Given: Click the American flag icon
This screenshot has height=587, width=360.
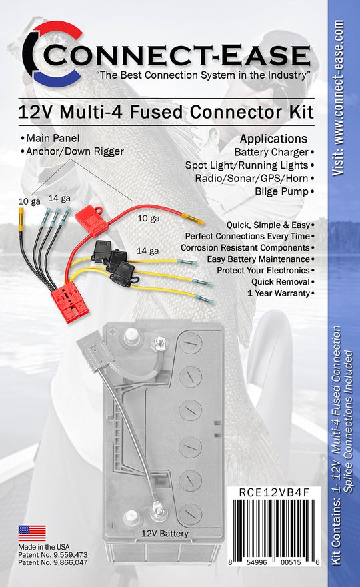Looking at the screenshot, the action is (32, 533).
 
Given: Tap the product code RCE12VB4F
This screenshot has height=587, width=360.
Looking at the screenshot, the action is (274, 492).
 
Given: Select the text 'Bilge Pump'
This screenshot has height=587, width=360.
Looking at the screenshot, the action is (282, 191).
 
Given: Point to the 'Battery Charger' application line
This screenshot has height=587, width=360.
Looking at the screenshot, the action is (271, 152).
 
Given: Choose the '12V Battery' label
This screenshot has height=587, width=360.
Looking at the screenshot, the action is (165, 534).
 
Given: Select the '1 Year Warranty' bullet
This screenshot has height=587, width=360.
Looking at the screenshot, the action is (279, 293).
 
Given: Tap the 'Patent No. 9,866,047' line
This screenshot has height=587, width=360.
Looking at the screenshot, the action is (53, 562).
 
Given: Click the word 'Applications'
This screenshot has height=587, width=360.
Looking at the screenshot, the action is (273, 139).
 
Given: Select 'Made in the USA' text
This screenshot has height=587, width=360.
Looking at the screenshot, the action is (44, 547).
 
